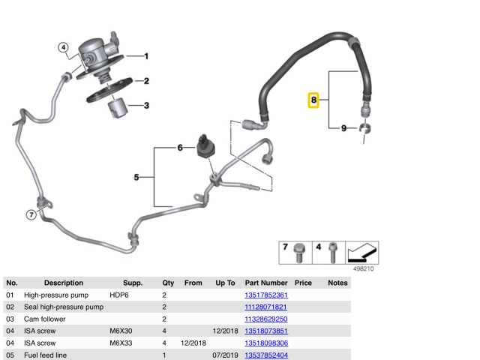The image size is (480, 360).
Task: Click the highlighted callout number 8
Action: coord(314,100)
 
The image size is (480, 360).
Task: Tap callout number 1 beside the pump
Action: coord(146,56)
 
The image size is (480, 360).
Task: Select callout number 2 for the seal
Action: coord(146,81)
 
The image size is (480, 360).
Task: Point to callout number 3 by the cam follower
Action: coord(146,105)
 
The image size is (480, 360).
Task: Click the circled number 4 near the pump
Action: coord(64,48)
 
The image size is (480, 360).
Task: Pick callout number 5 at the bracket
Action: coord(136,177)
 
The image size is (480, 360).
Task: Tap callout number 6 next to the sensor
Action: coord(180,148)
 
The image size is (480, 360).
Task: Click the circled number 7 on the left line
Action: coord(31,215)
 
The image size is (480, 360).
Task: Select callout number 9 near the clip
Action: coord(343,128)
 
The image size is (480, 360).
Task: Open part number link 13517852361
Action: coord(266,295)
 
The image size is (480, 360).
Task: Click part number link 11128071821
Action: coord(266,307)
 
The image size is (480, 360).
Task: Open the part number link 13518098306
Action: coord(266,343)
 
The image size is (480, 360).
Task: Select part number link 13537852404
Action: coord(266,355)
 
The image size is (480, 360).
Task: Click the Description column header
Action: coord(64,283)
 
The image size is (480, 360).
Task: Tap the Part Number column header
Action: coord(266,283)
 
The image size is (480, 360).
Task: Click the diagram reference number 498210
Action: coord(364,268)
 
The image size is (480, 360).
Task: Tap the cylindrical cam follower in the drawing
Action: coord(116,107)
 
